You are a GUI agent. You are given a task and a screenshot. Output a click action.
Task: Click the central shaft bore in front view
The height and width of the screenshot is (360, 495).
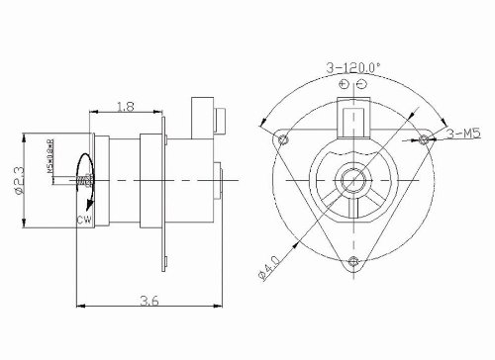coord(352,179)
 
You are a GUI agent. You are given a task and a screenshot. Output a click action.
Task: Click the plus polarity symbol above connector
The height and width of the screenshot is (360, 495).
coord(342,86)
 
